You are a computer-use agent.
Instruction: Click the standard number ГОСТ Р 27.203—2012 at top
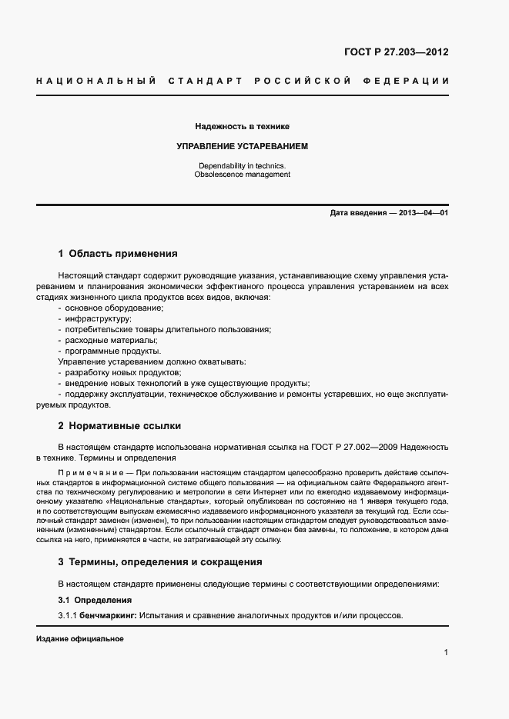coord(396,53)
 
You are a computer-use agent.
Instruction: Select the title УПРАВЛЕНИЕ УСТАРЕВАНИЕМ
coord(243,145)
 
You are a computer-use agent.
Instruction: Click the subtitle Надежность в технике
coord(243,125)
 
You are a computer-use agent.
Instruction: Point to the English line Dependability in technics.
coord(243,165)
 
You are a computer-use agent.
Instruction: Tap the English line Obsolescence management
coord(243,175)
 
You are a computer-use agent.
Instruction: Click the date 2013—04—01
coord(422,212)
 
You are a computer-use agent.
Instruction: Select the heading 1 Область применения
coord(118,253)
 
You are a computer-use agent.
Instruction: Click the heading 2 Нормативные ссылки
coord(119,425)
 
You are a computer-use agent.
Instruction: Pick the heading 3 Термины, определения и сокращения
coord(160,561)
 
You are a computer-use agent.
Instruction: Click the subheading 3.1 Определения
coord(95,600)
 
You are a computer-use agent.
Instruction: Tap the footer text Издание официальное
coord(79,639)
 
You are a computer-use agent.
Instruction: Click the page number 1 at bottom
coord(446,653)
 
